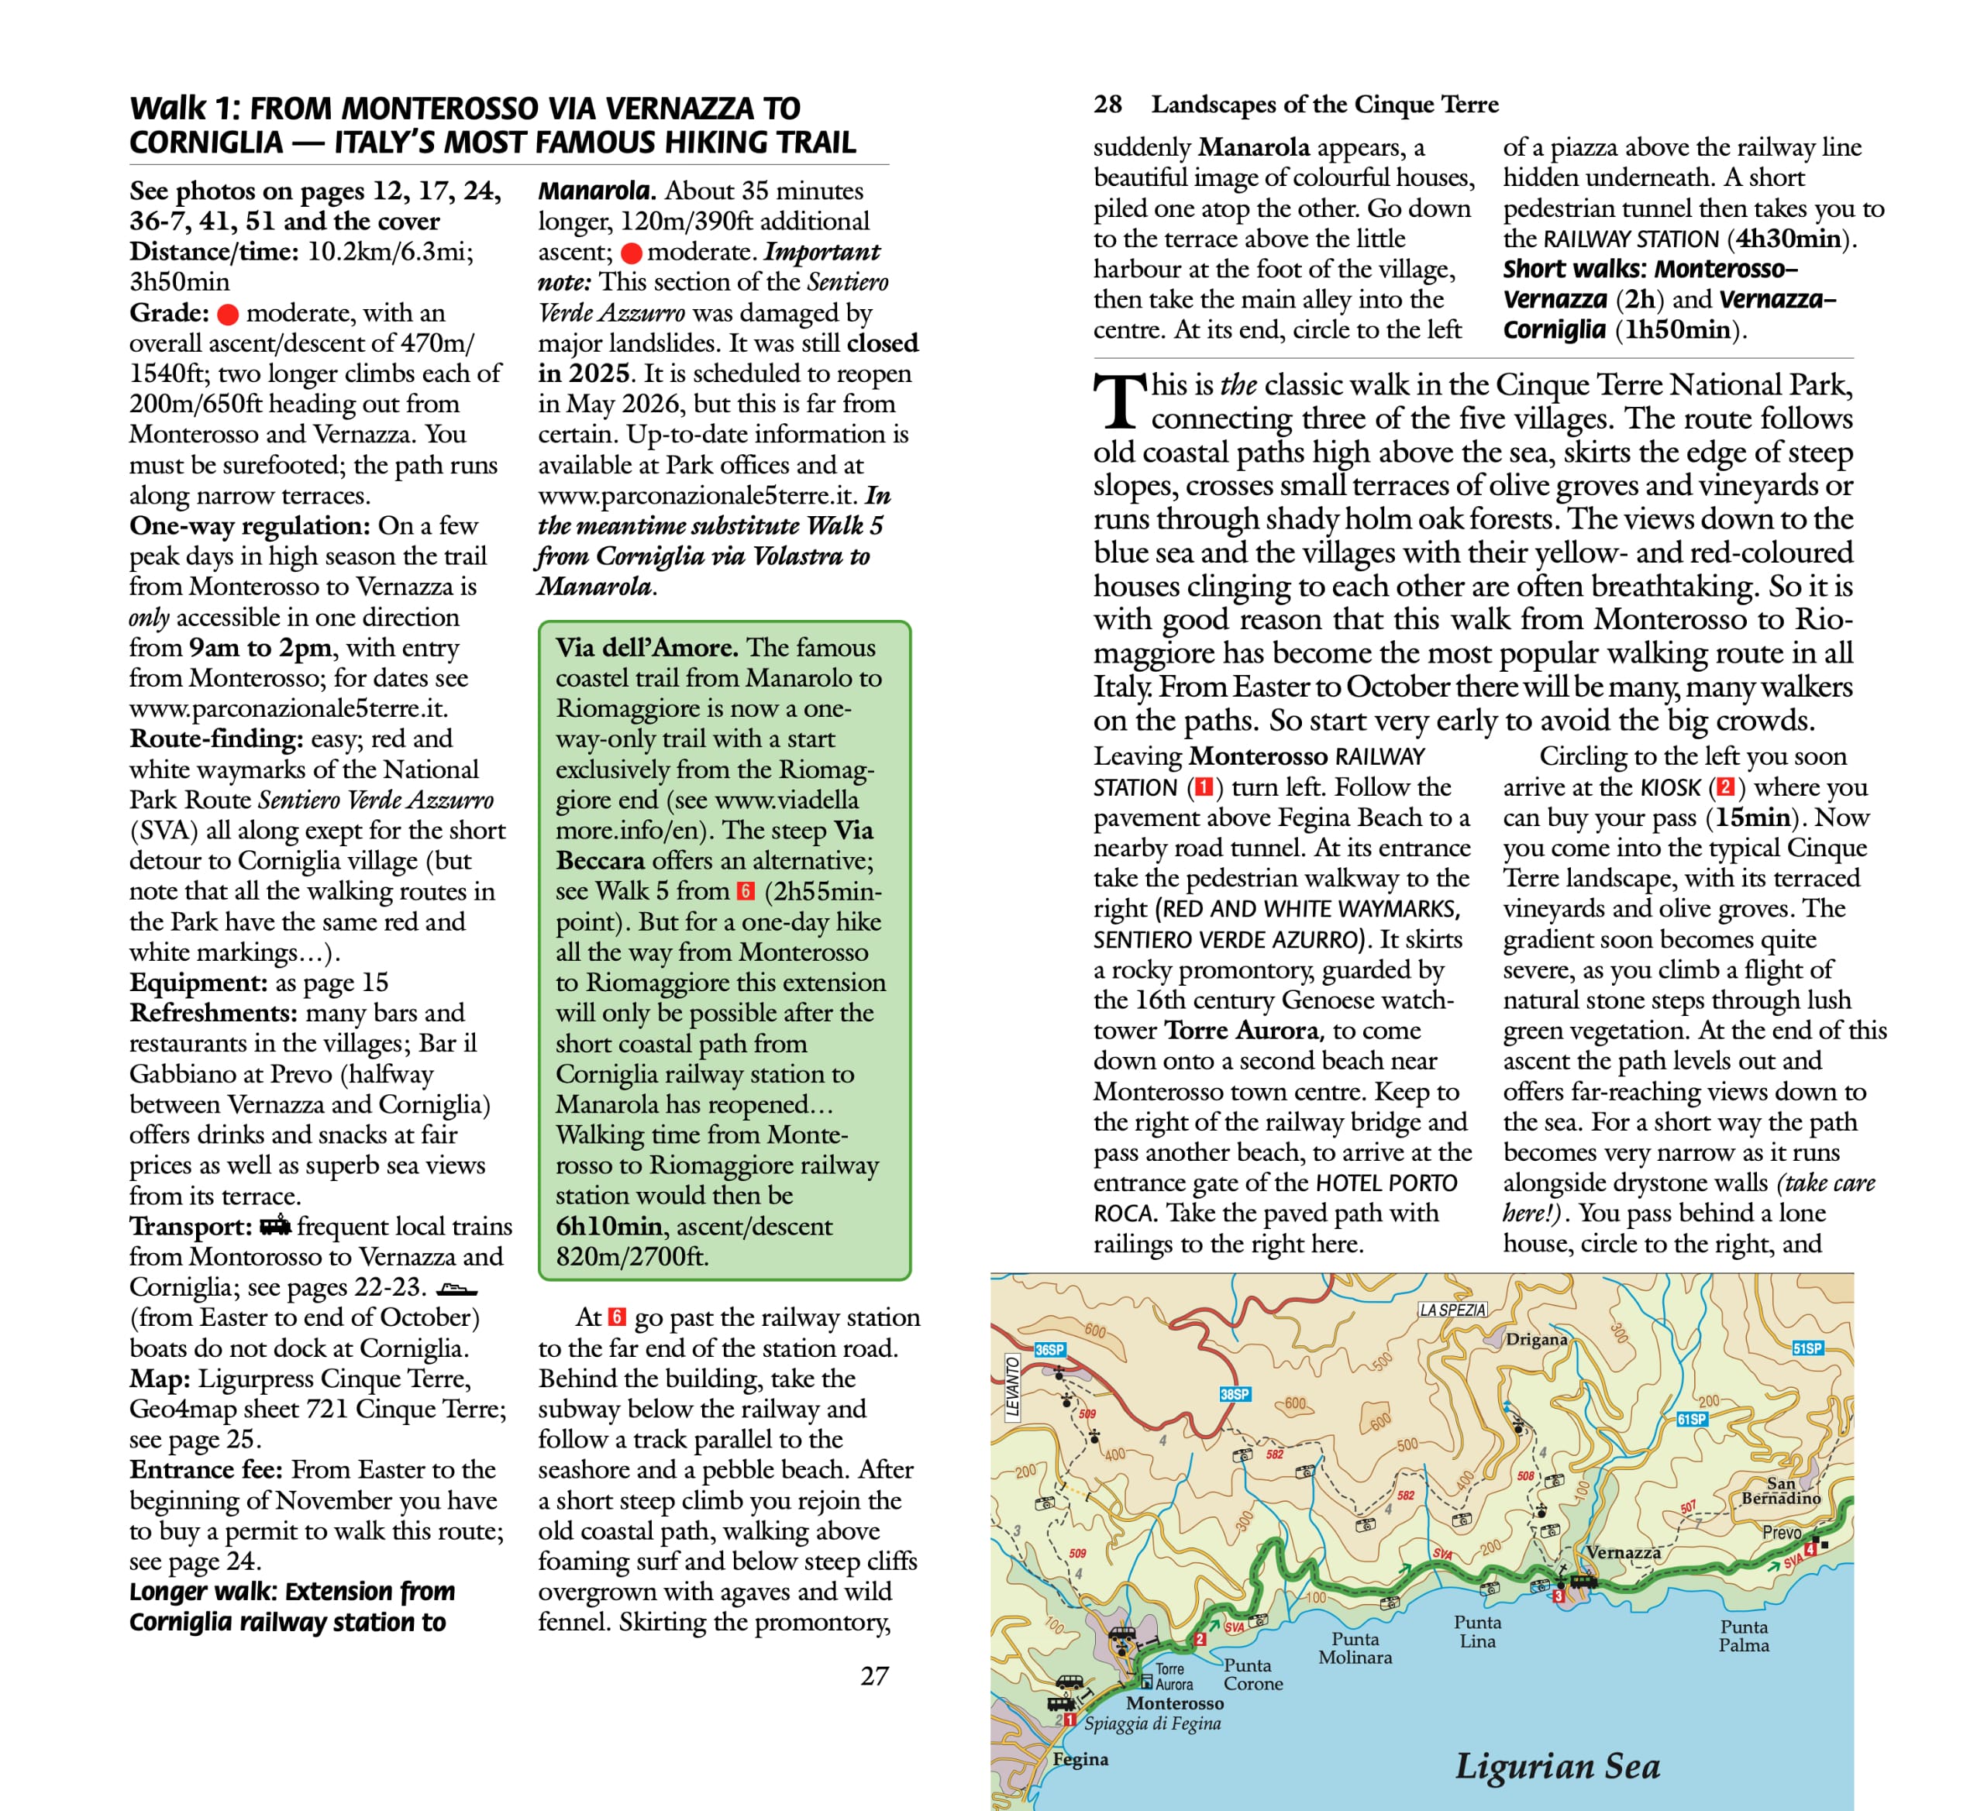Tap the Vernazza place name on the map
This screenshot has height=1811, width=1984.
click(x=1623, y=1552)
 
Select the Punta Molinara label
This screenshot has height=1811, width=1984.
click(x=1355, y=1647)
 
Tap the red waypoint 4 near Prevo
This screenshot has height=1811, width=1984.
click(x=1809, y=1551)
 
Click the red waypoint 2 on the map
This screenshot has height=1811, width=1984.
click(x=1200, y=1639)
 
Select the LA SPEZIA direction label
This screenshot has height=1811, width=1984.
click(x=1452, y=1310)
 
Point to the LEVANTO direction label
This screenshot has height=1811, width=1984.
click(x=1013, y=1387)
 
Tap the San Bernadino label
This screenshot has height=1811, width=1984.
click(x=1781, y=1490)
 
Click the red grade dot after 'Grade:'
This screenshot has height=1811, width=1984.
click(x=227, y=314)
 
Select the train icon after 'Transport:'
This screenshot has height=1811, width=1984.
click(x=276, y=1225)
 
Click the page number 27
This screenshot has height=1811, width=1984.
click(x=874, y=1676)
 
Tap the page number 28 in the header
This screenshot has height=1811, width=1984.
click(x=1107, y=105)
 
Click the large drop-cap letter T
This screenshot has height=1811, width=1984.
click(x=1119, y=402)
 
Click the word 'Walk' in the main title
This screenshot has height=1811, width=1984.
click(x=168, y=108)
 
